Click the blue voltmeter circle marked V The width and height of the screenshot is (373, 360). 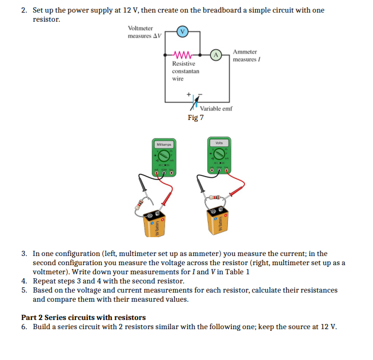click(181, 32)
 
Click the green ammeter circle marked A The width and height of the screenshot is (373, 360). click(216, 55)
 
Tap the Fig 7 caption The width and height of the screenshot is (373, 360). click(195, 118)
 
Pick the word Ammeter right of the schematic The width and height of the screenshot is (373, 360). click(245, 52)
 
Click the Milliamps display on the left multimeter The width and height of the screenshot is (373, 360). click(164, 145)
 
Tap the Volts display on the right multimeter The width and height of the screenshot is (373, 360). click(219, 143)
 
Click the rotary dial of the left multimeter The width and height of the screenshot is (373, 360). click(164, 157)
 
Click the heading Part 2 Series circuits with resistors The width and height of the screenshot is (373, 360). click(83, 317)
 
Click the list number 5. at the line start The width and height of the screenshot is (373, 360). click(25, 290)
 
